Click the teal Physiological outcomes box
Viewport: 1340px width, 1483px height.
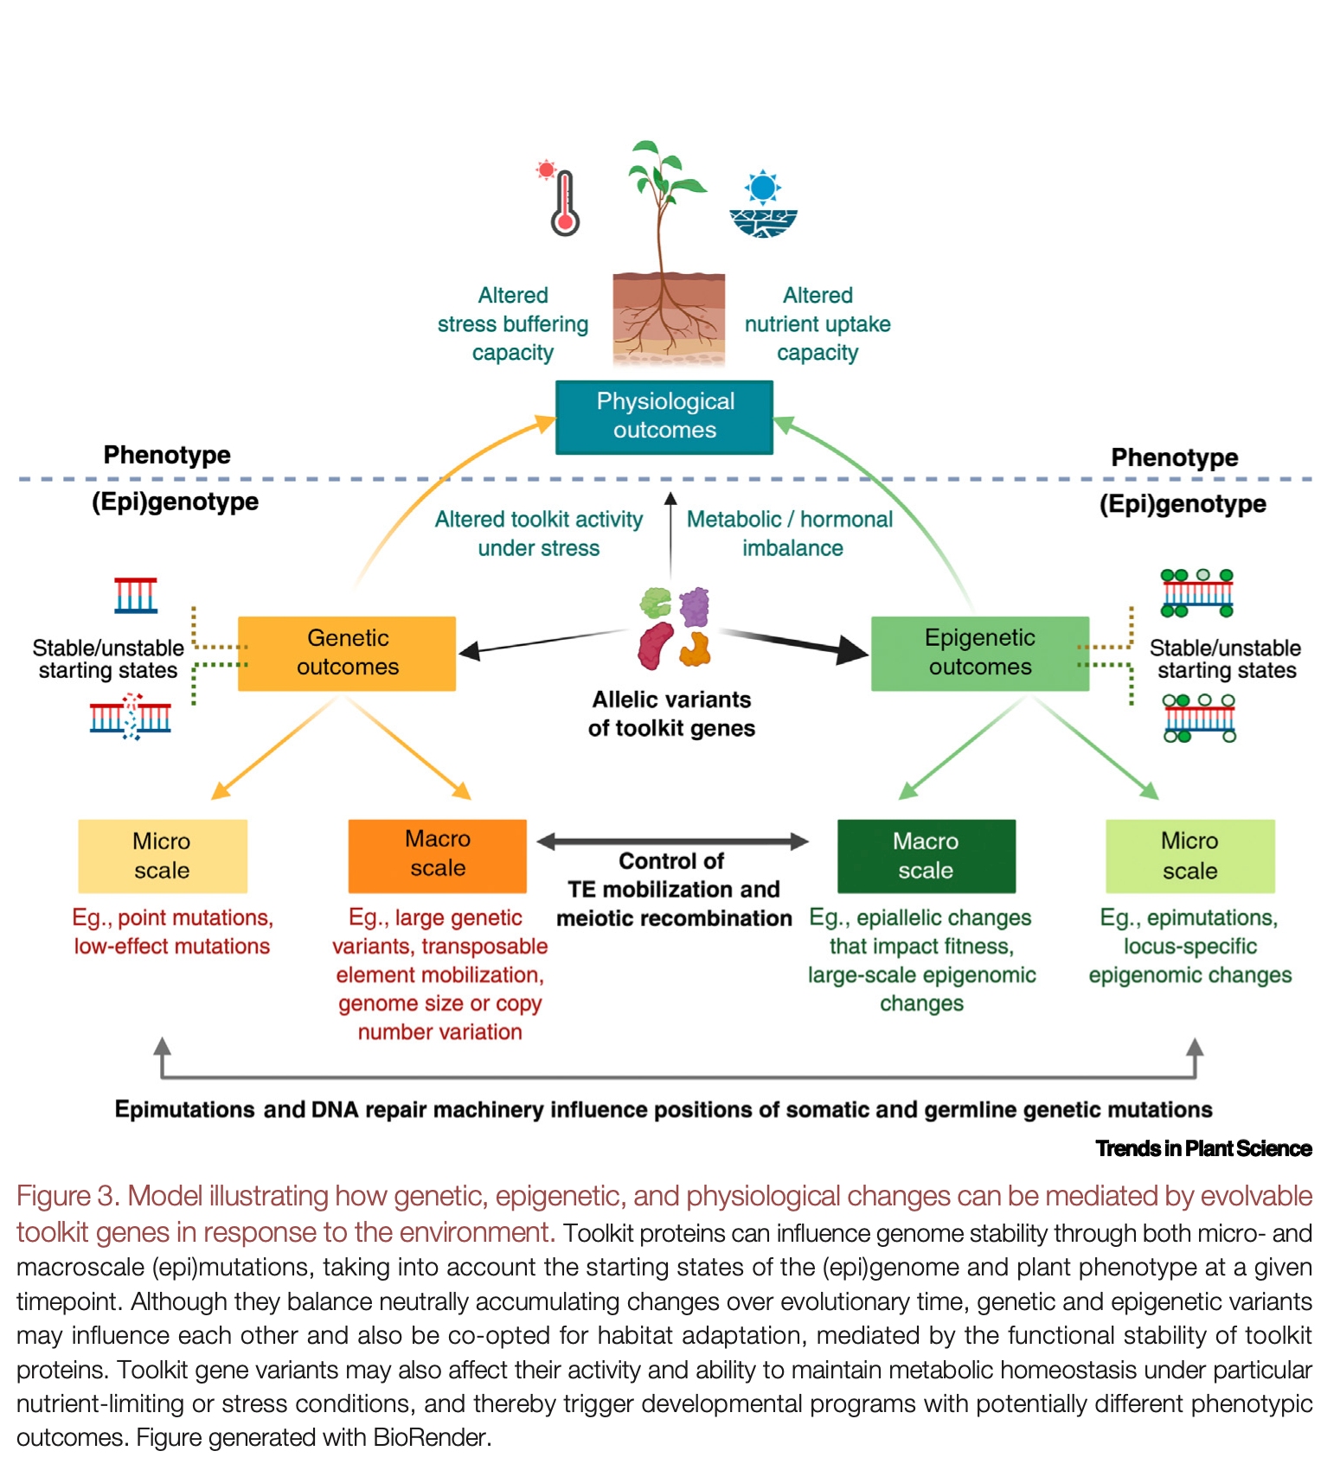[664, 417]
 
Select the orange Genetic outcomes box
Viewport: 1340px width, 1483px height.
[347, 653]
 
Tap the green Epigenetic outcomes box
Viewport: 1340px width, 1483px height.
[979, 653]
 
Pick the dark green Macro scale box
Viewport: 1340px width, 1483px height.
[926, 856]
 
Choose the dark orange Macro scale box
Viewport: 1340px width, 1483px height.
[437, 855]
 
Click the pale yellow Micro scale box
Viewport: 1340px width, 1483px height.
[163, 856]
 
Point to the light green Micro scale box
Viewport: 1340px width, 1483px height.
[1189, 856]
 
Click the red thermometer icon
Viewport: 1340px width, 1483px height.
[564, 204]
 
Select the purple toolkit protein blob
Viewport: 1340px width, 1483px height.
[695, 606]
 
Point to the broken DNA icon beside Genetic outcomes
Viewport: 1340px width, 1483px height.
[131, 717]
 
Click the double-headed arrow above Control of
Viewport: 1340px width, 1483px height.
[672, 841]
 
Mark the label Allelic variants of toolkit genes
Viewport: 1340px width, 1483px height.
[671, 713]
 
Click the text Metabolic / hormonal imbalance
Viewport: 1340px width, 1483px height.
[790, 534]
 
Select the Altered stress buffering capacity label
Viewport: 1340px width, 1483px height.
[512, 324]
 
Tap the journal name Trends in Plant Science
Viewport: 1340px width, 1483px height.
[1202, 1148]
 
